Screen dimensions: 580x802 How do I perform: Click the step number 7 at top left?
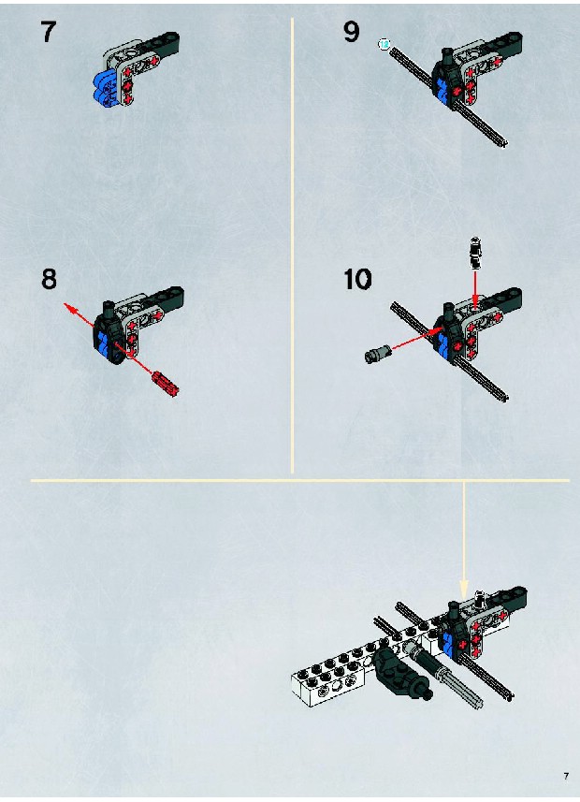pos(48,32)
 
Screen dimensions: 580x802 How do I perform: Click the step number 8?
pos(49,279)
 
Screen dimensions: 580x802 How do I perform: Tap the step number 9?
pos(352,32)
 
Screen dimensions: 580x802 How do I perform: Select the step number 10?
pos(357,279)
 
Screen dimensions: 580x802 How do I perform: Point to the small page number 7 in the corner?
pos(566,776)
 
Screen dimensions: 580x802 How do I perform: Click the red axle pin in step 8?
pos(165,383)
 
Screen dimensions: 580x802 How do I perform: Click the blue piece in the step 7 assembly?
pos(106,90)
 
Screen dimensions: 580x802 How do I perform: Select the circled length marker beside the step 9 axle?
pos(384,45)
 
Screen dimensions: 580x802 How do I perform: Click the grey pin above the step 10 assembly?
pos(475,254)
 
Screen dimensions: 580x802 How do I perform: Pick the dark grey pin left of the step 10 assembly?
pos(379,354)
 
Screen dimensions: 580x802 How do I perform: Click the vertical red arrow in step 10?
pos(475,289)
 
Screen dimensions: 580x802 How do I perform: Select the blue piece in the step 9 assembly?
pos(442,91)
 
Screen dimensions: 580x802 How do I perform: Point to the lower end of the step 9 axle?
pos(504,145)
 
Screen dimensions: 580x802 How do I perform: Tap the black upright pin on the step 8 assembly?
pos(109,308)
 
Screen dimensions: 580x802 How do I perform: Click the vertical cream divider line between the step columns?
pos(292,245)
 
